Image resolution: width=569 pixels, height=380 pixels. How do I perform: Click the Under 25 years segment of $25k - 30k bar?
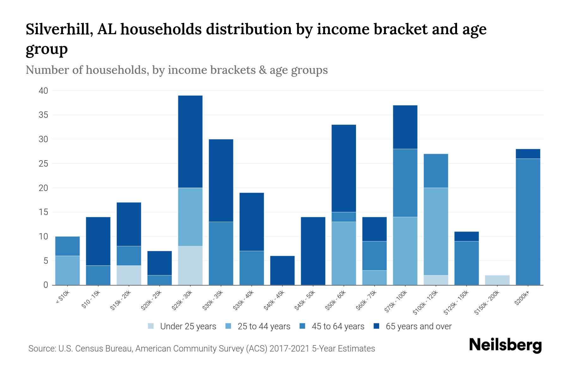click(190, 265)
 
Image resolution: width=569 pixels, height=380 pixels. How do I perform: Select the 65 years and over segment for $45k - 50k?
click(313, 251)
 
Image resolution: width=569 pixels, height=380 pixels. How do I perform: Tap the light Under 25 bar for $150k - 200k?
click(497, 280)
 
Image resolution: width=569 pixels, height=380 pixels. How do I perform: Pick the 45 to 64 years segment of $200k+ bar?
click(528, 222)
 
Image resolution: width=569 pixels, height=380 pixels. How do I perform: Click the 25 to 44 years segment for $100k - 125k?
click(436, 231)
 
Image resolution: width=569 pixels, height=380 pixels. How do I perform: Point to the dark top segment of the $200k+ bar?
click(528, 154)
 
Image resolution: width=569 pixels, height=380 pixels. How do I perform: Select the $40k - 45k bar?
click(282, 270)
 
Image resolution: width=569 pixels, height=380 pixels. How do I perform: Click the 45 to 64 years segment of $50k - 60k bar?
click(344, 217)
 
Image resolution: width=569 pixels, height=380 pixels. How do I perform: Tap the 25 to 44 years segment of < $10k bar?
click(67, 270)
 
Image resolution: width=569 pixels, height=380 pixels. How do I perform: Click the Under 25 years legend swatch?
click(151, 326)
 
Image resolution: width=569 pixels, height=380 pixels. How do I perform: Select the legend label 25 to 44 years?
click(264, 326)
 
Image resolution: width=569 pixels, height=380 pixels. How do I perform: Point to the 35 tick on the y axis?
click(43, 115)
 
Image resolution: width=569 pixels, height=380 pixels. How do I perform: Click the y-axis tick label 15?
click(43, 212)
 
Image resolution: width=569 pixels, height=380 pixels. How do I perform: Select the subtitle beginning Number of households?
click(176, 70)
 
